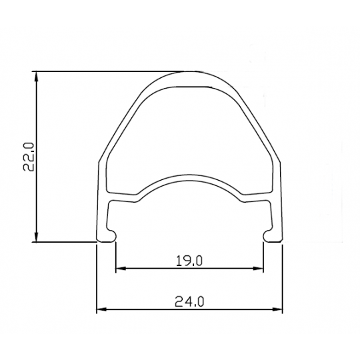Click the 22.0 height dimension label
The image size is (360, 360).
click(29, 157)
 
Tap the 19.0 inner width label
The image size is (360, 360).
click(189, 261)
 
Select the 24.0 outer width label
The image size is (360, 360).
click(189, 301)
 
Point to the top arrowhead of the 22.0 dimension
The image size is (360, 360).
click(36, 76)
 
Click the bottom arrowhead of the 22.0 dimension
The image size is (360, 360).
click(36, 237)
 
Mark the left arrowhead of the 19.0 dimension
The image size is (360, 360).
click(121, 268)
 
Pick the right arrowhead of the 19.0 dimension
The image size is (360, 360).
click(258, 268)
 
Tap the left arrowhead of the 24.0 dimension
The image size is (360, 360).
click(102, 309)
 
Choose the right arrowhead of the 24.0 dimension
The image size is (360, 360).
click(277, 309)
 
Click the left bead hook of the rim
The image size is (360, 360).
click(112, 235)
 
